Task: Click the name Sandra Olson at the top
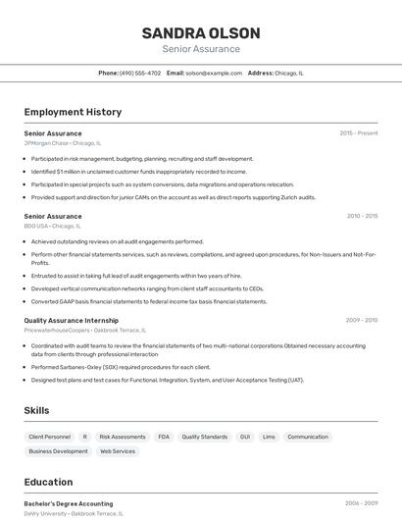click(x=200, y=32)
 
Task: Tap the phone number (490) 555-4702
click(x=140, y=73)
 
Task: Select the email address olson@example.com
click(x=214, y=73)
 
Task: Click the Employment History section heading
click(x=73, y=112)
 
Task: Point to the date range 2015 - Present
click(x=358, y=132)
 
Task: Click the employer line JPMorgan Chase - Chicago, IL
click(x=62, y=142)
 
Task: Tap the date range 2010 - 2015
click(x=362, y=216)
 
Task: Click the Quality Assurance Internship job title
click(x=71, y=320)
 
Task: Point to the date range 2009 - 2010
click(x=362, y=320)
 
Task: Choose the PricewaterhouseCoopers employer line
click(x=86, y=330)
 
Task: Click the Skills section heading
click(x=37, y=410)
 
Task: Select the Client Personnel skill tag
click(x=49, y=437)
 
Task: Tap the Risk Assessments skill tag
click(x=123, y=437)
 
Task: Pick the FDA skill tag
click(x=164, y=437)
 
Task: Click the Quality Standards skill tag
click(x=204, y=437)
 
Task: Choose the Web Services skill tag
click(x=118, y=451)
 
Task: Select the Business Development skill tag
click(x=58, y=451)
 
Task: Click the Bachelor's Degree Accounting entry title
click(x=69, y=503)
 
